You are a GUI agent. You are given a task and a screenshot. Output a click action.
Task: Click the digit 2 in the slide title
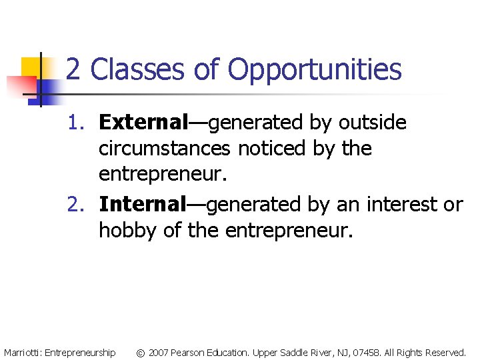(75, 69)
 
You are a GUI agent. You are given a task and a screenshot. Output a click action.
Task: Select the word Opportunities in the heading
(315, 69)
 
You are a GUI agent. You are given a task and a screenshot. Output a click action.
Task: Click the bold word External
(144, 123)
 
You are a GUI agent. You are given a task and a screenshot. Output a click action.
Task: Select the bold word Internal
(142, 205)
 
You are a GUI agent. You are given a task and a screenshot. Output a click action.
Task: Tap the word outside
(373, 123)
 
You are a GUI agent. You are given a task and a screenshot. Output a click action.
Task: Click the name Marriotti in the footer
(22, 352)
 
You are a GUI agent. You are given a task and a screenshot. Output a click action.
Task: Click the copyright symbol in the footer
(140, 352)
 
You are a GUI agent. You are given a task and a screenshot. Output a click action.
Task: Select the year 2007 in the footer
(159, 352)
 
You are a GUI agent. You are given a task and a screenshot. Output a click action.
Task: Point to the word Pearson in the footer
(189, 352)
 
